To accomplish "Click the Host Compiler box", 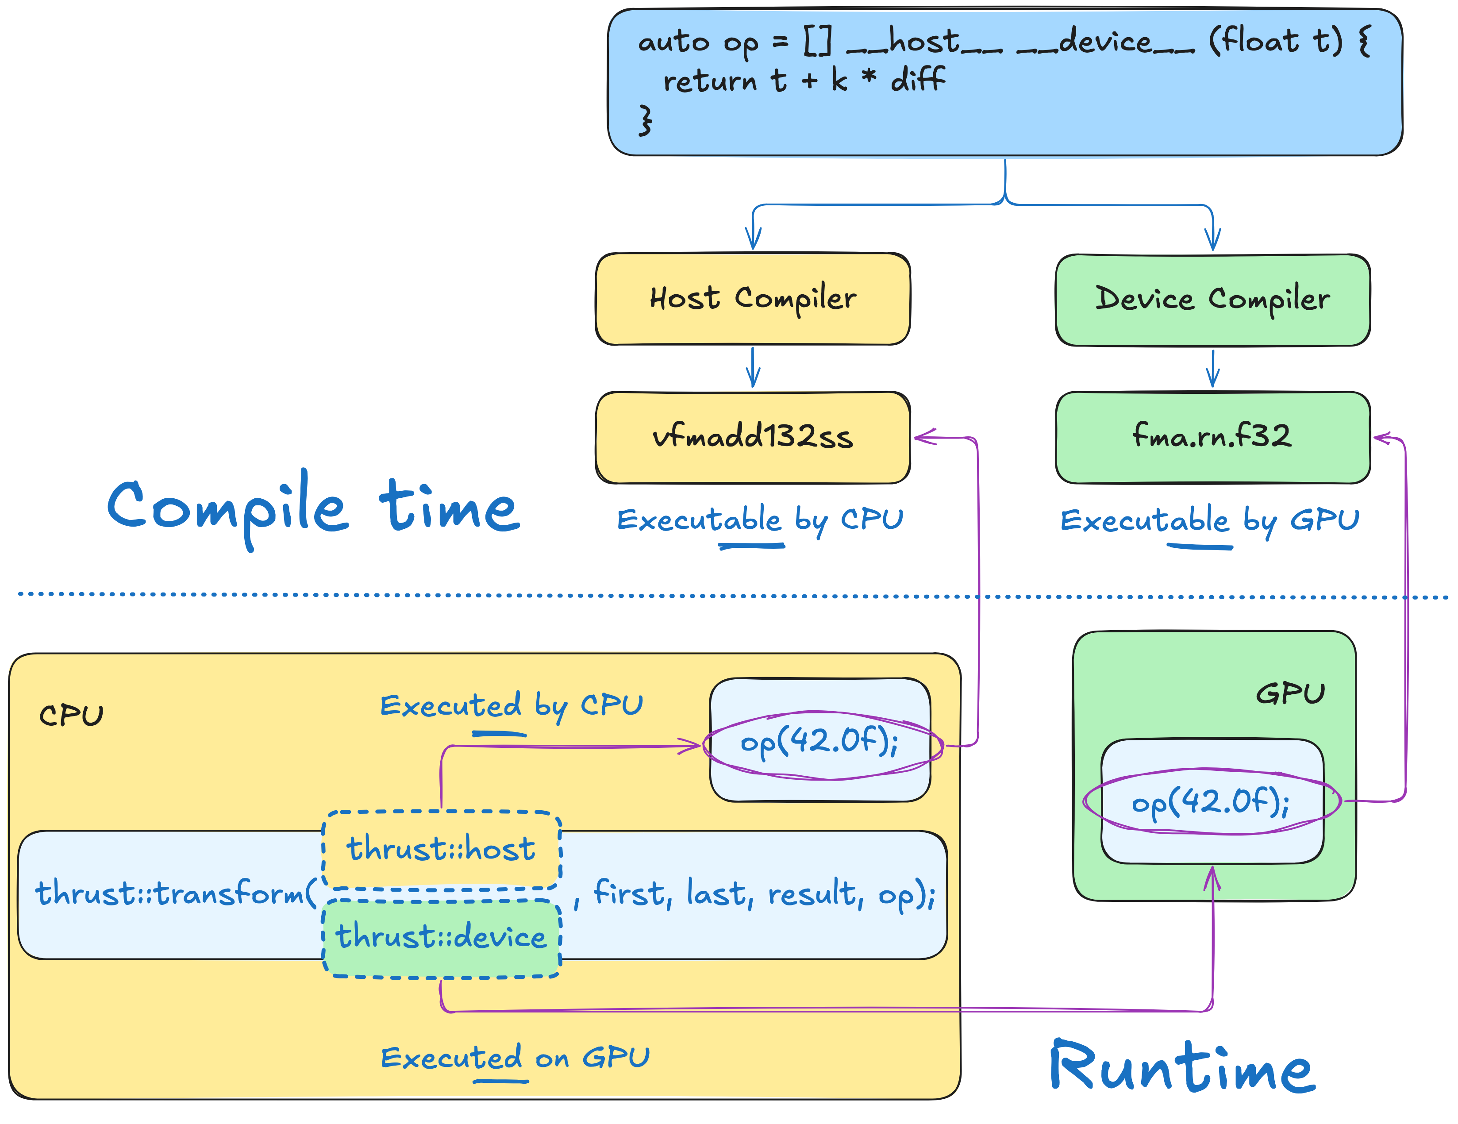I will click(x=752, y=299).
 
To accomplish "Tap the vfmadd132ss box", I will click(x=752, y=437).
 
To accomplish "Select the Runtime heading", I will click(x=1181, y=1068).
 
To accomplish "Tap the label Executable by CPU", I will click(x=760, y=520).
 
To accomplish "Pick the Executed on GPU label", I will click(x=515, y=1059).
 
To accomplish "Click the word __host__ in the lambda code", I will click(x=925, y=43).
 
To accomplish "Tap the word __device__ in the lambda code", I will click(x=1105, y=43).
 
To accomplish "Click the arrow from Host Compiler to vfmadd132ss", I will click(x=753, y=367).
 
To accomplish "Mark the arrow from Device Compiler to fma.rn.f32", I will click(x=1213, y=369).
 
